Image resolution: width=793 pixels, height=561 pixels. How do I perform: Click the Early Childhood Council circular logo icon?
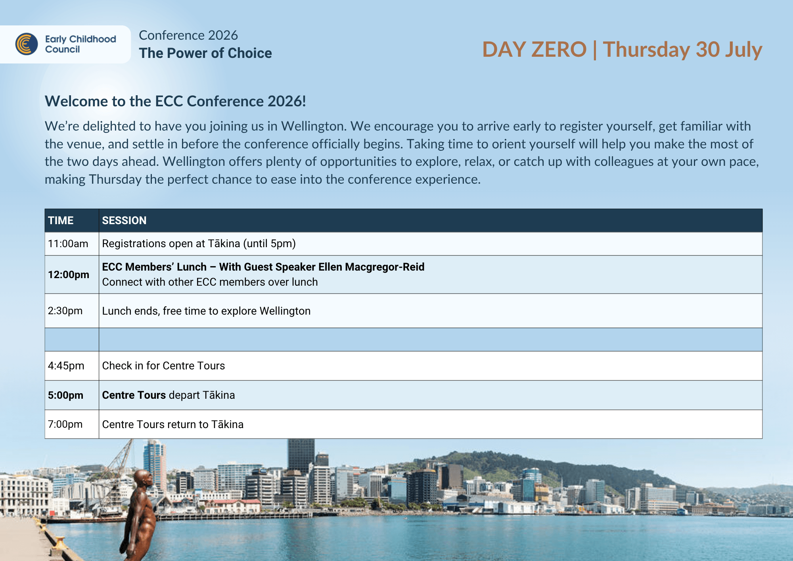pyautogui.click(x=27, y=44)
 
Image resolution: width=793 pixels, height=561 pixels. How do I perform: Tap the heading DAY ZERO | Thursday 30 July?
pyautogui.click(x=622, y=50)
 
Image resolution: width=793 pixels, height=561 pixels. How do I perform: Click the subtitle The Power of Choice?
pyautogui.click(x=205, y=53)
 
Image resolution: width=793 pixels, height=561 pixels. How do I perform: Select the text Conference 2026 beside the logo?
pyautogui.click(x=188, y=35)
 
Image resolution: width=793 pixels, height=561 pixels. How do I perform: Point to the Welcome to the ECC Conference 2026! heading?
pyautogui.click(x=175, y=101)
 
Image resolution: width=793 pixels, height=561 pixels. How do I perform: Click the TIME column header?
pyautogui.click(x=61, y=221)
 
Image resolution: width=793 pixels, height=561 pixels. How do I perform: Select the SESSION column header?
pyautogui.click(x=124, y=221)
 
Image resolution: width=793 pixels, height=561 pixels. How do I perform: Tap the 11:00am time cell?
pyautogui.click(x=68, y=244)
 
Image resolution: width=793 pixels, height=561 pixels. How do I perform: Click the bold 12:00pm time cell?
pyautogui.click(x=69, y=275)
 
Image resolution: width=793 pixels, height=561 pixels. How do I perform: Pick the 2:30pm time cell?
pyautogui.click(x=65, y=311)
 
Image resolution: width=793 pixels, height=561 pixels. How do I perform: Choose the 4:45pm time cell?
pyautogui.click(x=66, y=365)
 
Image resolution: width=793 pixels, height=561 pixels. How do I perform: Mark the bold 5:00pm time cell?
pyautogui.click(x=65, y=395)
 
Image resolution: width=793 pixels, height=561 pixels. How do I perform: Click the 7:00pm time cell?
pyautogui.click(x=65, y=424)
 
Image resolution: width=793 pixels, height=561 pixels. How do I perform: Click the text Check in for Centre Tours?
pyautogui.click(x=163, y=365)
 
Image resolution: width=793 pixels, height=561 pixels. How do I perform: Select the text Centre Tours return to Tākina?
pyautogui.click(x=173, y=424)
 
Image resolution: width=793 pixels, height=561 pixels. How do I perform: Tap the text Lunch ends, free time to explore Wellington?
pyautogui.click(x=206, y=311)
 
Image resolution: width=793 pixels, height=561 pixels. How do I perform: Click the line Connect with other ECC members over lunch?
pyautogui.click(x=210, y=282)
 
